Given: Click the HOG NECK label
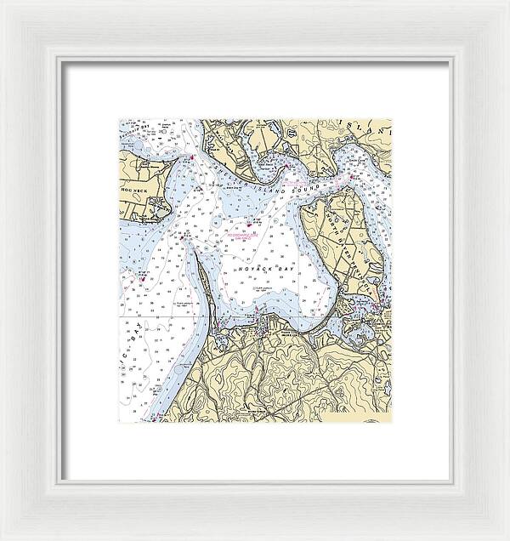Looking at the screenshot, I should point(136,181).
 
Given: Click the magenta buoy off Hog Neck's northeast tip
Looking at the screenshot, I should point(194,156).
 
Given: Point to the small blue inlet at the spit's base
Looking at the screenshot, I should point(218,338).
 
